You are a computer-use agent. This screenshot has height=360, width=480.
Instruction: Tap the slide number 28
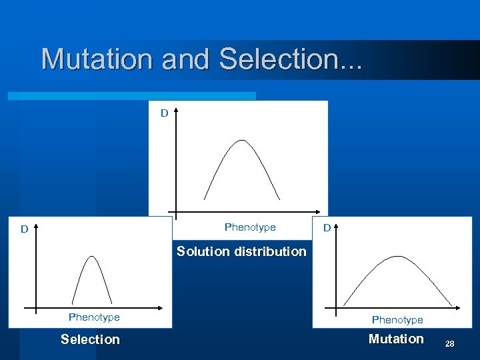(449, 343)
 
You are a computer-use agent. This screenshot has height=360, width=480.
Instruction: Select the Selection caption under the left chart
(90, 339)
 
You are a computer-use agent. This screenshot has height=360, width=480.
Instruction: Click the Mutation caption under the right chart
(396, 339)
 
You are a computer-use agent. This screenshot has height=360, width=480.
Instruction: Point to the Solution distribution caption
(241, 251)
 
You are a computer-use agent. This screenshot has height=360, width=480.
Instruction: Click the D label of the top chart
(164, 113)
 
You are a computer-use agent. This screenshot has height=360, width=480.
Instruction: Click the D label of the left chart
(24, 229)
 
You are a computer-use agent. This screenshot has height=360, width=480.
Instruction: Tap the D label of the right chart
(327, 228)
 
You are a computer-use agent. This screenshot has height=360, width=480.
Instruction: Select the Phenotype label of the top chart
(250, 227)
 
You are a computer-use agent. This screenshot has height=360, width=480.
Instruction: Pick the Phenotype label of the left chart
(94, 317)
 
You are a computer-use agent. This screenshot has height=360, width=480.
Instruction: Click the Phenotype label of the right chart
(397, 320)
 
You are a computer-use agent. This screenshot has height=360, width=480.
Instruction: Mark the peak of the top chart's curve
(241, 141)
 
